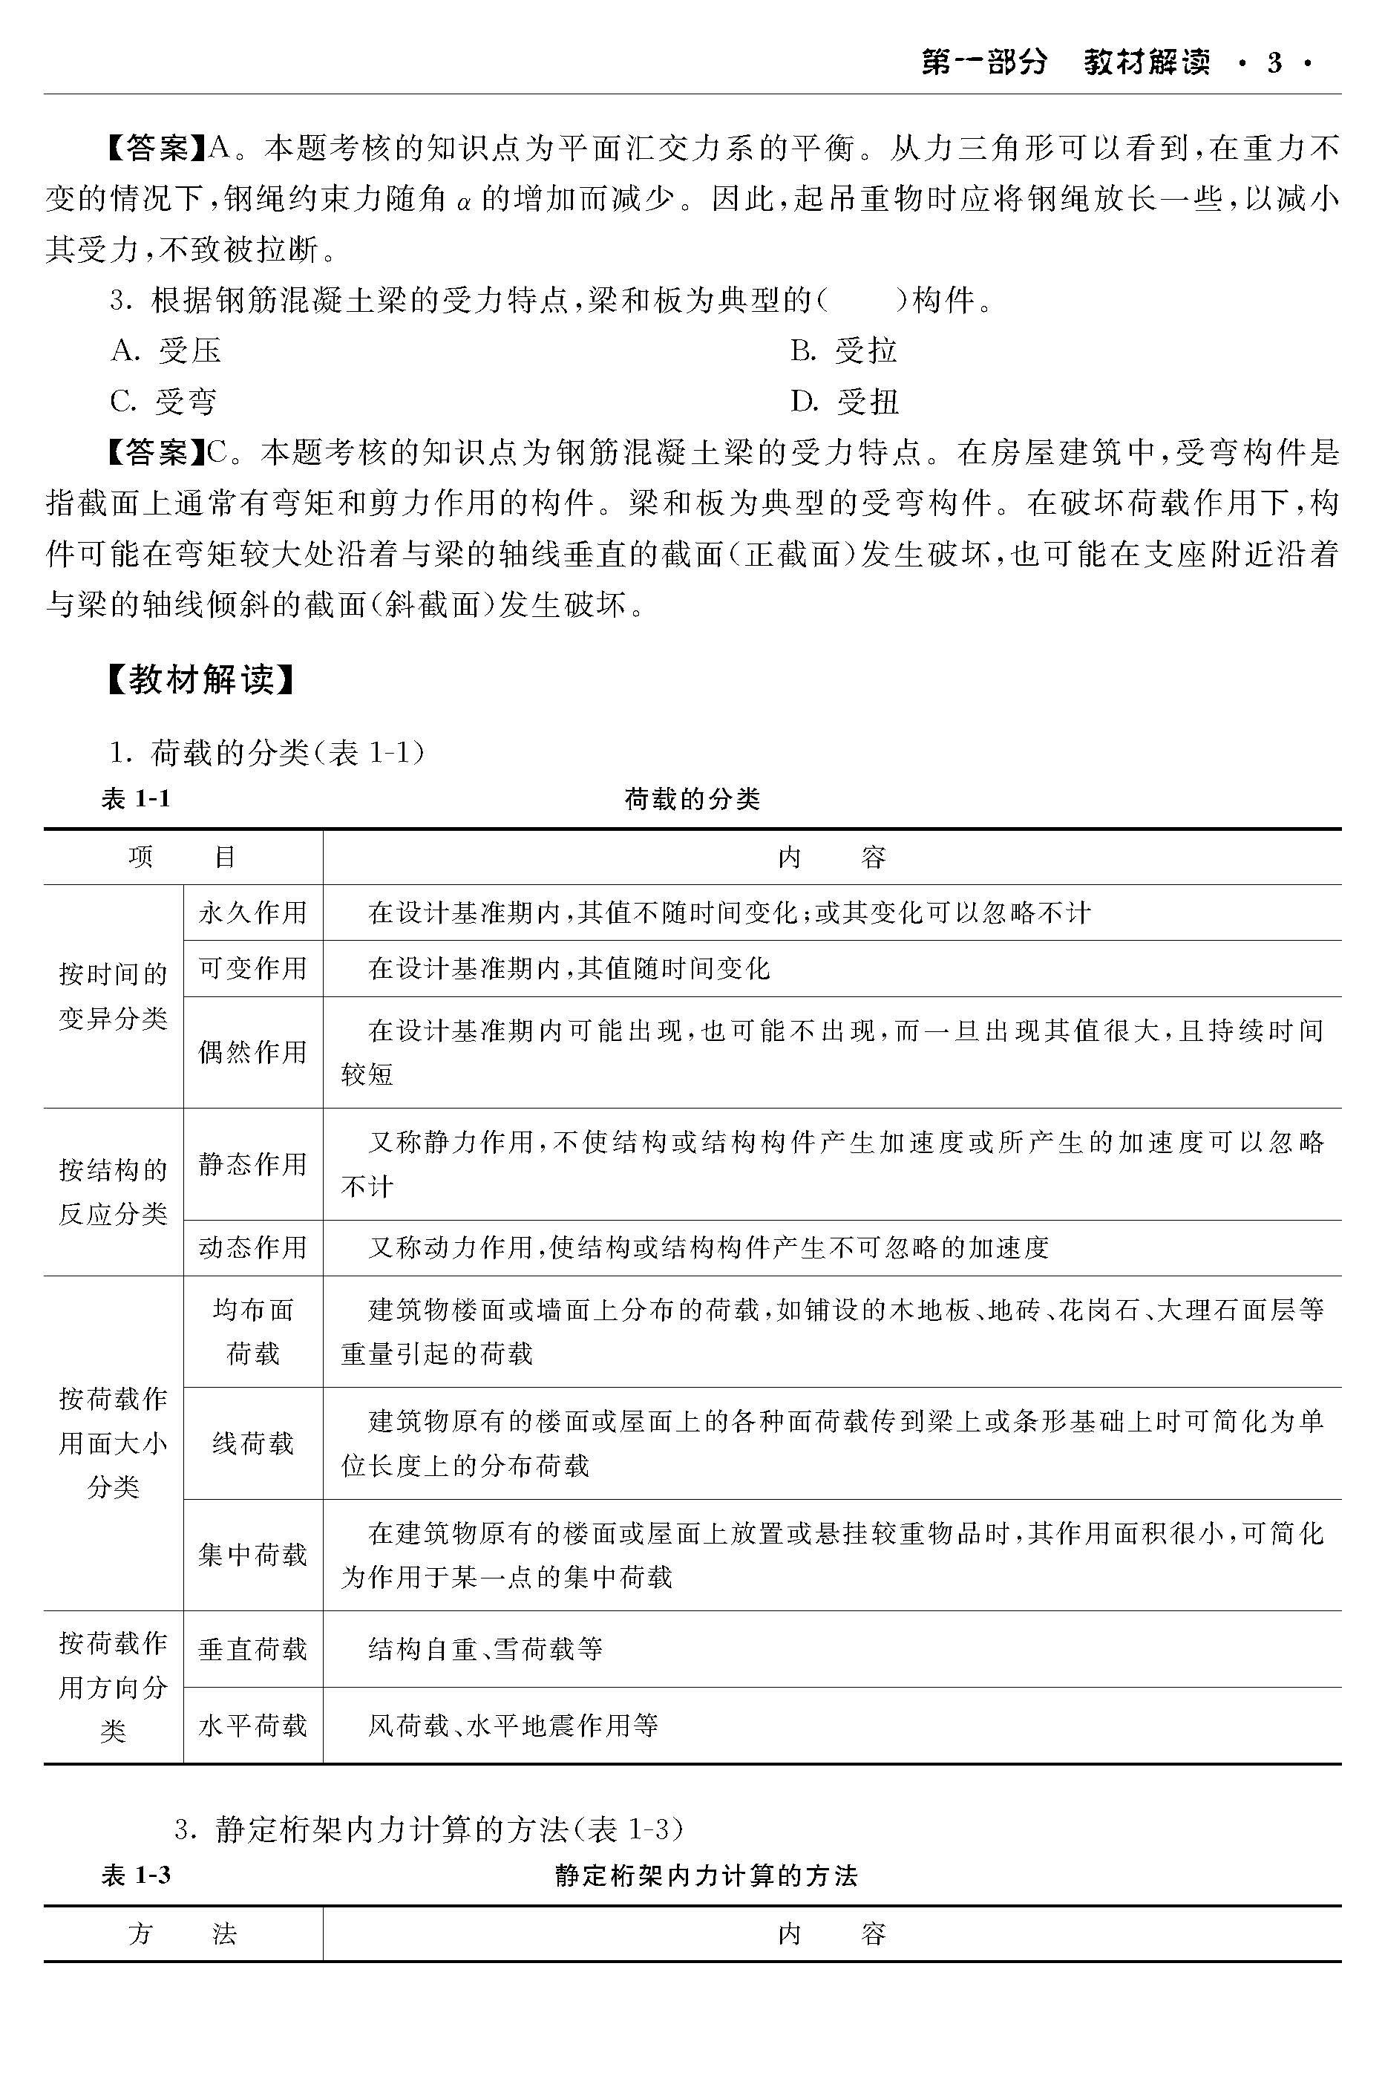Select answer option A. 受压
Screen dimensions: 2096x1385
pyautogui.click(x=166, y=350)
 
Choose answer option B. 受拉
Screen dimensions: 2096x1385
pyautogui.click(x=843, y=350)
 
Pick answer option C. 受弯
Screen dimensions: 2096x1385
pyautogui.click(x=163, y=402)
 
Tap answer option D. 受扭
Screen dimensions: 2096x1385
pyautogui.click(x=845, y=402)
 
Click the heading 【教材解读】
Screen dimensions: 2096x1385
pyautogui.click(x=199, y=679)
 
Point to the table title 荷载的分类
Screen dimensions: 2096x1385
pyautogui.click(x=692, y=800)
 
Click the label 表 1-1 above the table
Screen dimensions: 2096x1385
pyautogui.click(x=136, y=800)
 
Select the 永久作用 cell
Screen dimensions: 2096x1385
pyautogui.click(x=252, y=912)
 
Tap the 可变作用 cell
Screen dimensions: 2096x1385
pyautogui.click(x=252, y=968)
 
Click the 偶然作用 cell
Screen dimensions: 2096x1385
pyautogui.click(x=252, y=1052)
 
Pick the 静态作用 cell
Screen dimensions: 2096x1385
pyautogui.click(x=252, y=1163)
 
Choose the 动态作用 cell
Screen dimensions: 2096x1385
pyautogui.click(x=252, y=1247)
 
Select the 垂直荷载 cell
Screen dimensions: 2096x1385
pyautogui.click(x=252, y=1649)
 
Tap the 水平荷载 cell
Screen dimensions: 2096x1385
pyautogui.click(x=252, y=1725)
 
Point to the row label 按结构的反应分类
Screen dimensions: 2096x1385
pyautogui.click(x=113, y=1191)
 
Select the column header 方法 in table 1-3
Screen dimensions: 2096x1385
pyautogui.click(x=183, y=1934)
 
